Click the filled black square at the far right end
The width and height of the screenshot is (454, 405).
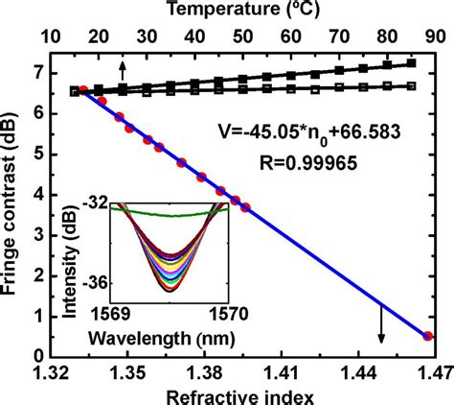[x=412, y=63]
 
